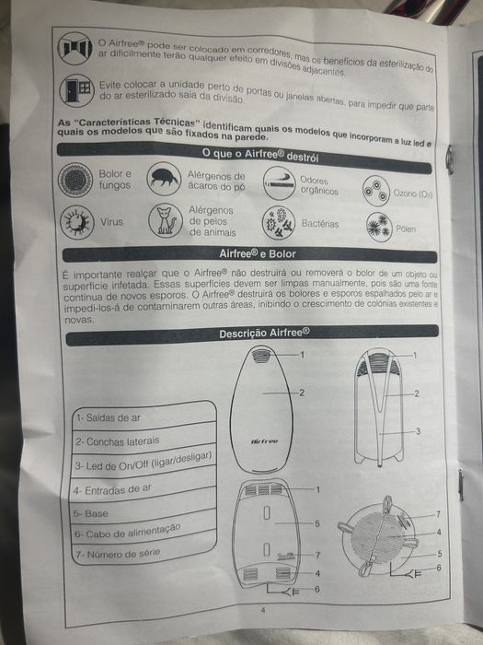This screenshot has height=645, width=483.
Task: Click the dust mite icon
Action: click(165, 179)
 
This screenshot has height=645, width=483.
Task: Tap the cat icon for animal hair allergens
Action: click(166, 221)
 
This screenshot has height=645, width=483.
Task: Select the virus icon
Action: click(77, 222)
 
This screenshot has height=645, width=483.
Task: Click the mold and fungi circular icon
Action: click(75, 180)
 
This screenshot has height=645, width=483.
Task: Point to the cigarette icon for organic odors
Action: click(280, 183)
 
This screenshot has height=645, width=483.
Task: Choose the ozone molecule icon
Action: click(375, 191)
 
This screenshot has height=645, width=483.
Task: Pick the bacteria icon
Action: click(279, 223)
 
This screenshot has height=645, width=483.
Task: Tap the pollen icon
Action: click(379, 227)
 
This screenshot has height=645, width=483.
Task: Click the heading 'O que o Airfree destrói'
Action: click(260, 155)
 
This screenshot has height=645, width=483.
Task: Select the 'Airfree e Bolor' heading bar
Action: click(249, 254)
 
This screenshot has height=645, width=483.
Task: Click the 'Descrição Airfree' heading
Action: click(265, 333)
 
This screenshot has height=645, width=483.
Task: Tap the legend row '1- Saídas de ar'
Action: click(144, 416)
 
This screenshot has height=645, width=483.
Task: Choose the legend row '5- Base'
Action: click(142, 511)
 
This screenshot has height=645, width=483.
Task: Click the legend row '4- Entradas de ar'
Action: click(143, 487)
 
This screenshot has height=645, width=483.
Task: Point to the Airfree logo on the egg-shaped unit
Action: click(265, 441)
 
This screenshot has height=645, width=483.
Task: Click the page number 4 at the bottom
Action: click(263, 610)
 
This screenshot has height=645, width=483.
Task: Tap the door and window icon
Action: click(76, 90)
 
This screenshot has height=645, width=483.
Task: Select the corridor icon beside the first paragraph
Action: click(75, 48)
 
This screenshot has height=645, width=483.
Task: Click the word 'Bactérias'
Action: click(320, 224)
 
